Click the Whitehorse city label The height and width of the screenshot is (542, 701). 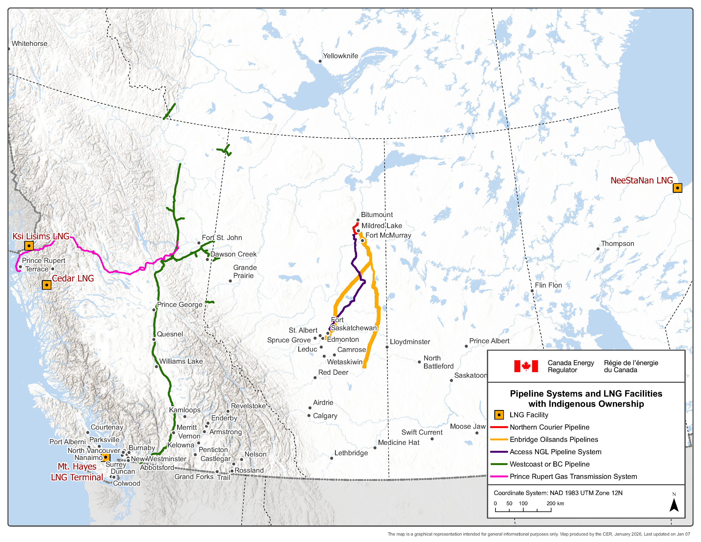click(x=29, y=44)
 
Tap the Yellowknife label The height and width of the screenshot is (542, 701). click(x=340, y=56)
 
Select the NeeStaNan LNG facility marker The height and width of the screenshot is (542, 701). click(x=677, y=188)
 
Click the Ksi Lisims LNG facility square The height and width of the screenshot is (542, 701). click(x=29, y=246)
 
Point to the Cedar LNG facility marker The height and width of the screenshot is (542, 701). click(x=47, y=285)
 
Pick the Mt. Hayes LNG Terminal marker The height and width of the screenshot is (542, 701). click(x=106, y=457)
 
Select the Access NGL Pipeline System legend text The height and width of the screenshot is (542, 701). click(x=555, y=452)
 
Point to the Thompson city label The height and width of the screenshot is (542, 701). click(x=617, y=244)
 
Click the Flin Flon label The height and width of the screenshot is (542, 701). click(x=548, y=285)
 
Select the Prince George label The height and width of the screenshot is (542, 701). click(x=179, y=304)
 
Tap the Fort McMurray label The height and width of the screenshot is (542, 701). click(x=388, y=235)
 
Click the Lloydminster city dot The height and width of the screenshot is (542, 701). click(x=387, y=347)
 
